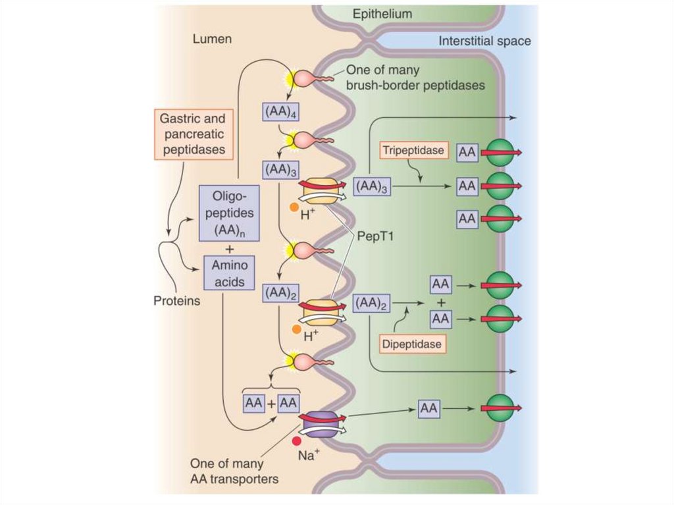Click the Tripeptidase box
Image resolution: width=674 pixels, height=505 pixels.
click(413, 151)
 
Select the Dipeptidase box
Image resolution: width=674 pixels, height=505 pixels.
click(412, 343)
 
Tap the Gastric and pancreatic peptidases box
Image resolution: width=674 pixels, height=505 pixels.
click(192, 134)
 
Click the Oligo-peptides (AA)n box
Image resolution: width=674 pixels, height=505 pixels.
click(230, 212)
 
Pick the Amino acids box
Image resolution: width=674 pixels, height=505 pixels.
click(230, 273)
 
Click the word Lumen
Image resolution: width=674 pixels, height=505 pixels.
click(211, 40)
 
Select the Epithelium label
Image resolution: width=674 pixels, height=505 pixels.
click(382, 14)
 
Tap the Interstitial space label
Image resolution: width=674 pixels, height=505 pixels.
click(484, 41)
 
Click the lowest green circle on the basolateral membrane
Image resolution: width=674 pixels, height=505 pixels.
click(500, 408)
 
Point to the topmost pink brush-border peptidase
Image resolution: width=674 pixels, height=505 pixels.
click(307, 77)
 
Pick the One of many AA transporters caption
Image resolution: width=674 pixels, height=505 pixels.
click(234, 471)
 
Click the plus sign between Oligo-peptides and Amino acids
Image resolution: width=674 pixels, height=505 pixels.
click(230, 249)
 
